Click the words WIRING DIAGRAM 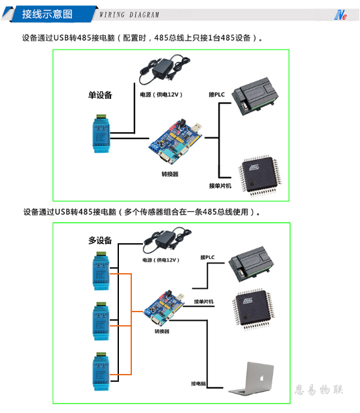tap(129, 15)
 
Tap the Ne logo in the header tap(341, 15)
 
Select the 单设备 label tap(100, 95)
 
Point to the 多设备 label tap(100, 240)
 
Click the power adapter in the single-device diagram tap(164, 69)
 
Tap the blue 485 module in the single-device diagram tap(101, 133)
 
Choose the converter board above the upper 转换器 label tap(175, 142)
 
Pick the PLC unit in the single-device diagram tap(255, 96)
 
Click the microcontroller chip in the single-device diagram tap(260, 176)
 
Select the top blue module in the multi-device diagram tap(101, 271)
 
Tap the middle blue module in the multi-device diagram tap(101, 321)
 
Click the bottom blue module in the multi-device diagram tap(101, 371)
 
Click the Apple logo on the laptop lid tap(262, 378)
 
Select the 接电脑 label tap(198, 384)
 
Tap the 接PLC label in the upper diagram tap(216, 94)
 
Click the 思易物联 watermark tap(319, 390)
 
